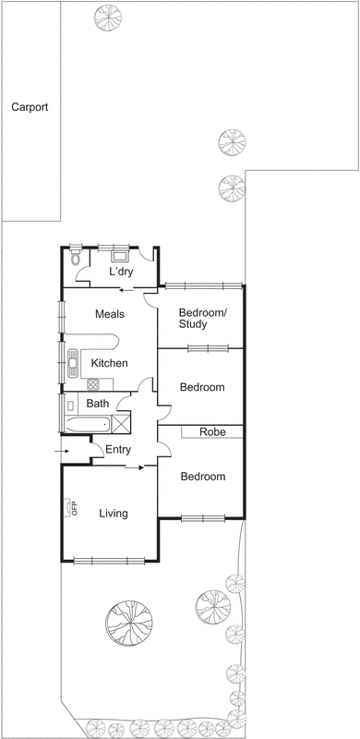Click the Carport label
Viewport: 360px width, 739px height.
click(x=30, y=107)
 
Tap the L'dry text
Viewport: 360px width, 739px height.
click(x=122, y=273)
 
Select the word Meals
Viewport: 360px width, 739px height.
click(x=110, y=314)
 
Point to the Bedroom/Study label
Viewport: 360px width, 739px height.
click(x=201, y=318)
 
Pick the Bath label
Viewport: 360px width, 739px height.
click(x=97, y=404)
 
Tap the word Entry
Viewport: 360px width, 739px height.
click(x=118, y=450)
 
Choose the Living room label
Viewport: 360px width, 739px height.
click(x=113, y=514)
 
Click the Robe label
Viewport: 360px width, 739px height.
click(x=212, y=431)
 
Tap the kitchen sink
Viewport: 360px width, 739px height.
click(x=72, y=363)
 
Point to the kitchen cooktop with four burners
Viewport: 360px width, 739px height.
click(x=93, y=383)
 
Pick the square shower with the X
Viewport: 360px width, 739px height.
click(x=121, y=422)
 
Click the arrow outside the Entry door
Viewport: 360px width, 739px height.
click(x=62, y=451)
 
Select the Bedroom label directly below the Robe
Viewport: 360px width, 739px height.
click(x=202, y=477)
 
